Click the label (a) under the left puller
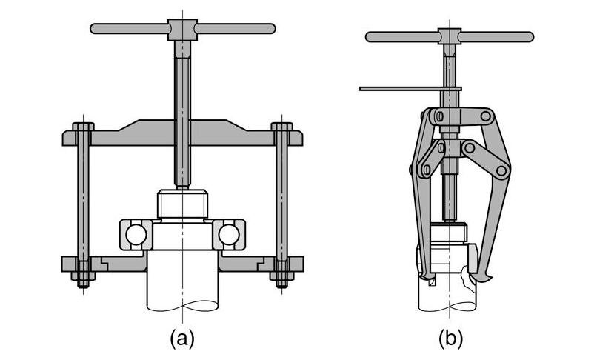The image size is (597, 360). (182, 338)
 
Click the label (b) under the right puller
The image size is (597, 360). (450, 338)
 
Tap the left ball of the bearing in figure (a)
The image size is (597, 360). (136, 235)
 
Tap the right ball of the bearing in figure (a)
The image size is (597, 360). (229, 235)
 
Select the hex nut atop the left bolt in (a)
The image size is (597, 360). (84, 127)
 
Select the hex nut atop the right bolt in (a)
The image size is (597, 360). (281, 127)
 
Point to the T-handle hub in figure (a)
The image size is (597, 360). (182, 30)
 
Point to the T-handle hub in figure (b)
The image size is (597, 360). (450, 36)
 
